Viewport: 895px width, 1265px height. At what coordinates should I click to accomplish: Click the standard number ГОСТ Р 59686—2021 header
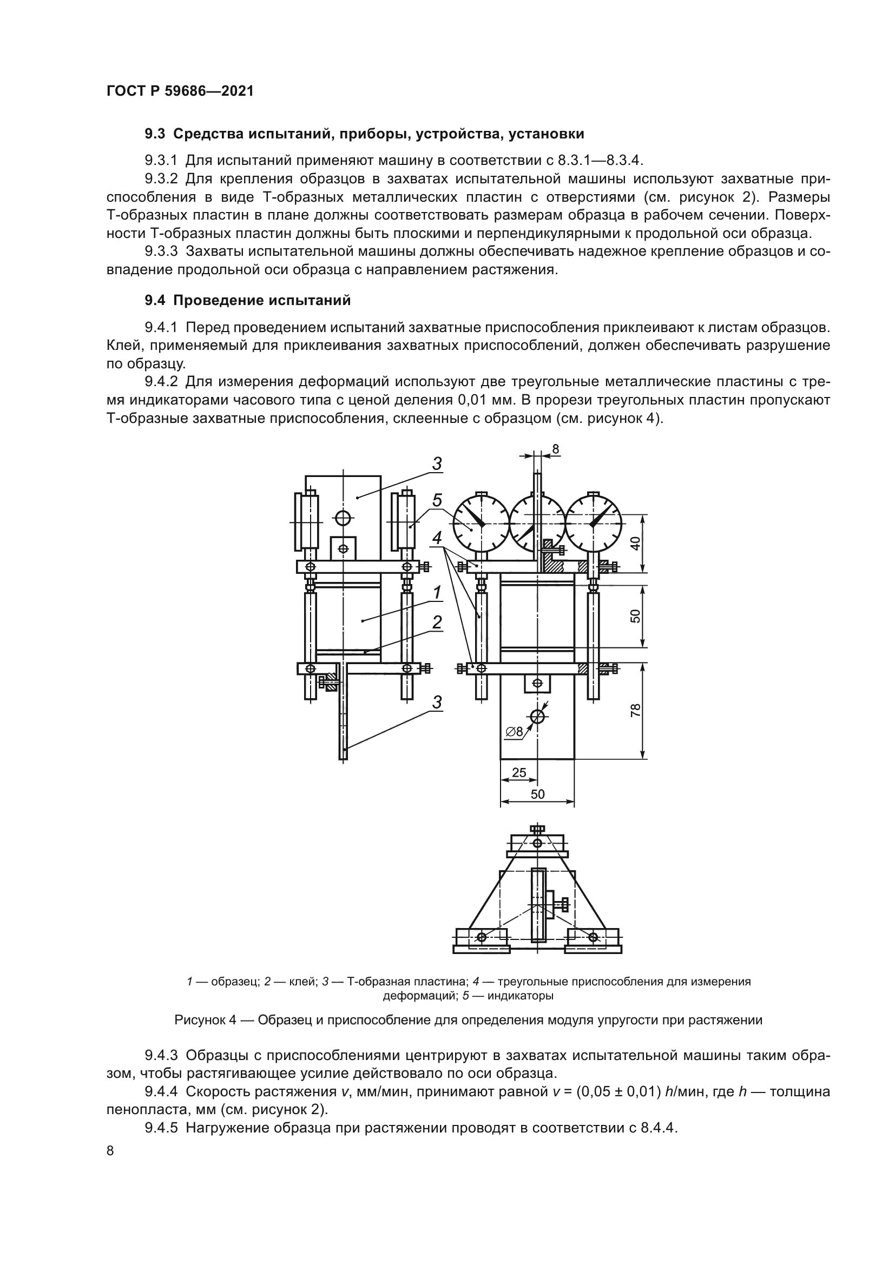pyautogui.click(x=180, y=91)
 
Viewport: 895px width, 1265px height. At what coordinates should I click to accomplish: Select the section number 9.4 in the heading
pyautogui.click(x=156, y=300)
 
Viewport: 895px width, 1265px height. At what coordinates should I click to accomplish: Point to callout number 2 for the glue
pyautogui.click(x=437, y=622)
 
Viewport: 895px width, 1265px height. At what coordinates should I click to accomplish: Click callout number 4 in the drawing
pyautogui.click(x=437, y=538)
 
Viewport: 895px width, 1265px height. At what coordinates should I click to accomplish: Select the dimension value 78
pyautogui.click(x=635, y=710)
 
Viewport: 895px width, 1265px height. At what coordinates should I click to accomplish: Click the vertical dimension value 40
pyautogui.click(x=635, y=544)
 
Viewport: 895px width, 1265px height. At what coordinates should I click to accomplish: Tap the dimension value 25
pyautogui.click(x=518, y=772)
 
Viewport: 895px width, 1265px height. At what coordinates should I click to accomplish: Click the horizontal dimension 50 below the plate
pyautogui.click(x=537, y=794)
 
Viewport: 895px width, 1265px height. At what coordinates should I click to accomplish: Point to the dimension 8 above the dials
pyautogui.click(x=556, y=449)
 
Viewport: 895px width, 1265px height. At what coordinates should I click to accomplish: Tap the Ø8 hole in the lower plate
pyautogui.click(x=537, y=716)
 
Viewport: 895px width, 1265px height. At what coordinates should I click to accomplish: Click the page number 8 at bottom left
pyautogui.click(x=110, y=1151)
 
